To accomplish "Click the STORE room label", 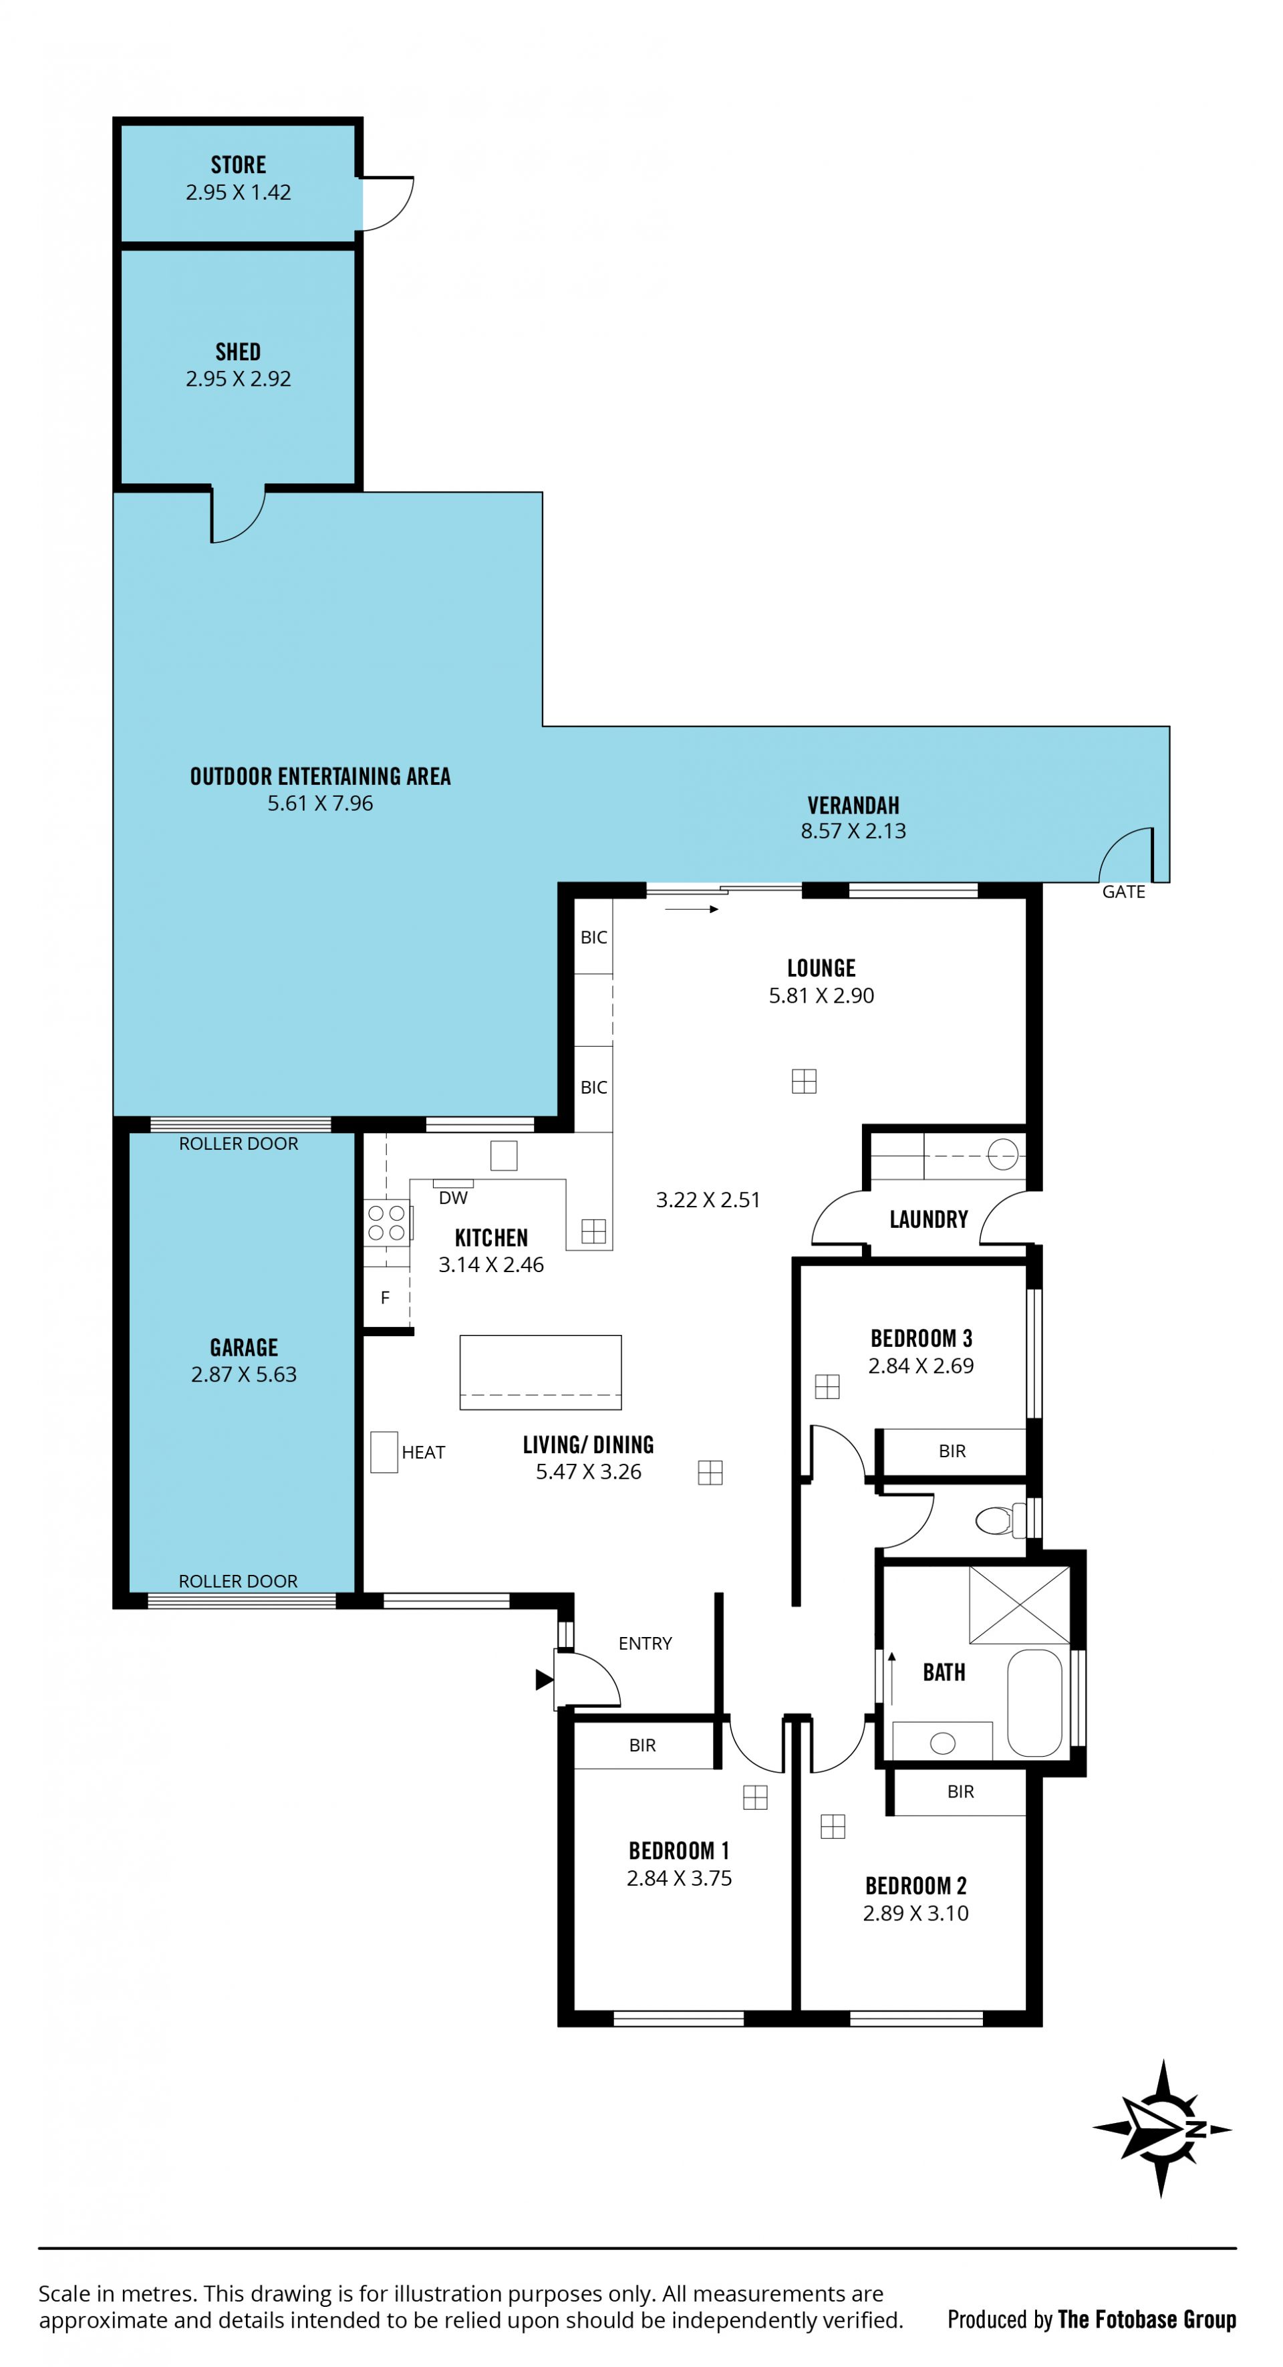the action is [x=239, y=165].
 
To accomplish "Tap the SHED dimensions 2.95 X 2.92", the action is [x=239, y=378].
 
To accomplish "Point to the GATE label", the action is [x=1123, y=891].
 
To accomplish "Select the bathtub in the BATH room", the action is [x=1034, y=1703].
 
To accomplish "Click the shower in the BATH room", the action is [x=1020, y=1605].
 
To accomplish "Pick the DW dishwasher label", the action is [x=453, y=1198].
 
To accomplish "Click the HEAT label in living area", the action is [x=424, y=1452].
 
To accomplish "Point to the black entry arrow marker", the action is [x=545, y=1680].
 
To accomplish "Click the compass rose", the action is [x=1162, y=2128].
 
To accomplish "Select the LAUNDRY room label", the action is [x=928, y=1219].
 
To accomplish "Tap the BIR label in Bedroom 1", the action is [x=642, y=1745].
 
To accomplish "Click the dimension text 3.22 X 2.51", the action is [x=708, y=1200].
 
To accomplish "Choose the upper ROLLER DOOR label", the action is [x=239, y=1144].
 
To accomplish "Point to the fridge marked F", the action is [x=386, y=1297].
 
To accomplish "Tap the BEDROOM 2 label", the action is [x=915, y=1886].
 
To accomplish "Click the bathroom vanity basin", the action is [x=942, y=1742].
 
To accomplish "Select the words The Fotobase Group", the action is [x=1147, y=2320].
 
